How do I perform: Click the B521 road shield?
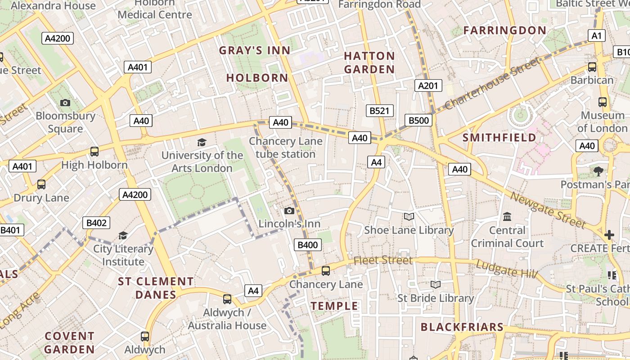click(380, 111)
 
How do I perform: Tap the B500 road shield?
click(418, 120)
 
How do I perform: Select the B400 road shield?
click(308, 245)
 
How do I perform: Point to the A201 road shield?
click(428, 85)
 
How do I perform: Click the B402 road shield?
click(96, 223)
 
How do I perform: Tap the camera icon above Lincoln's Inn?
click(289, 211)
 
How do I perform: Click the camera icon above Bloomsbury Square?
click(65, 103)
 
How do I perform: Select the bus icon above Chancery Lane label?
click(326, 271)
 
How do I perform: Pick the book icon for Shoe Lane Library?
click(409, 217)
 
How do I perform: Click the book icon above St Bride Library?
click(435, 284)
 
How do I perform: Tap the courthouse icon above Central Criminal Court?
click(507, 217)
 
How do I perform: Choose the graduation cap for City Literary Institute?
click(123, 235)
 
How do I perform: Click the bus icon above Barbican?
click(592, 67)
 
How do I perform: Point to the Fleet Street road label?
click(383, 261)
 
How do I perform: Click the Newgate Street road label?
click(548, 210)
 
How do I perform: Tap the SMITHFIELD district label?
click(499, 138)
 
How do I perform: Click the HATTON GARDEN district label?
click(369, 63)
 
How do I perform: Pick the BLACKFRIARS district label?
click(462, 327)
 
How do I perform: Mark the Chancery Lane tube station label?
click(286, 148)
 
